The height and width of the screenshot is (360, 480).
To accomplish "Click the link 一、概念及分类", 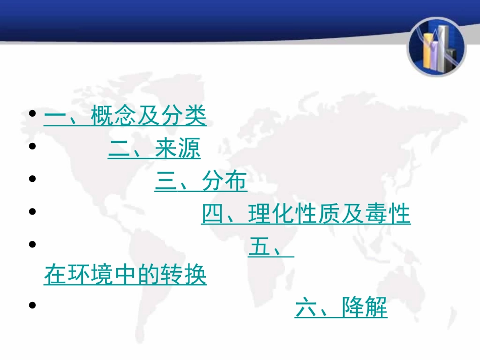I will point(125,117).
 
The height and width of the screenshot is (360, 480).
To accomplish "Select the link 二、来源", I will point(154,149).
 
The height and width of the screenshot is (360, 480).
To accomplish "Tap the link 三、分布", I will point(201,182).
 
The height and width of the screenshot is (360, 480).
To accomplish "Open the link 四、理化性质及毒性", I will point(306,215).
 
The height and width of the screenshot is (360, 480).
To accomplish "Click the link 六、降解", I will point(341,308).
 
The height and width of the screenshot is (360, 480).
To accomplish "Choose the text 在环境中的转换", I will point(125,276).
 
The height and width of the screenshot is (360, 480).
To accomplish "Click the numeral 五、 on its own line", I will point(270,247).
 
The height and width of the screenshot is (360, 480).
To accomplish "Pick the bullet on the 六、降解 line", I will point(33,305).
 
